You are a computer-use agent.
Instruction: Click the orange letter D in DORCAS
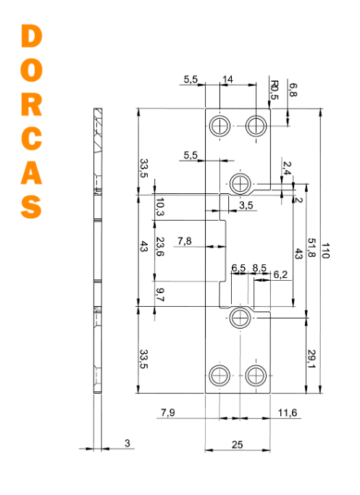[x=32, y=36]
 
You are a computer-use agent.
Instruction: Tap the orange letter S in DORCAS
[x=31, y=206]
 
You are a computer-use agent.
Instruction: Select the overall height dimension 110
[x=325, y=250]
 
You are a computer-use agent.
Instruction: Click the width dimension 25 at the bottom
[x=237, y=444]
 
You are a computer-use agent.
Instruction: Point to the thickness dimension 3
[x=127, y=443]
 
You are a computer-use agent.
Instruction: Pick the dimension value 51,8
[x=311, y=247]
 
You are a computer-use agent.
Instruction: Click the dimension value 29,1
[x=311, y=359]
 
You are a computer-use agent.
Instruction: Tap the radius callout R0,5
[x=275, y=90]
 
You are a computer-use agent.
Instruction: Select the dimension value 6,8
[x=293, y=90]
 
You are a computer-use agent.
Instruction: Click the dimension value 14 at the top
[x=227, y=79]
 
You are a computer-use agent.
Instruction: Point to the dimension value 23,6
[x=160, y=247]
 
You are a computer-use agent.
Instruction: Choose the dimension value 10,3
[x=160, y=207]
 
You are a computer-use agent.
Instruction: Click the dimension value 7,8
[x=184, y=241]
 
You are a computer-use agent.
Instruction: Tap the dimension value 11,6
[x=288, y=412]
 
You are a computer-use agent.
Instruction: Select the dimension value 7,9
[x=168, y=412]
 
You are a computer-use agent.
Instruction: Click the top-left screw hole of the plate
[x=219, y=126]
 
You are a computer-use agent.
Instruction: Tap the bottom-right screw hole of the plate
[x=256, y=376]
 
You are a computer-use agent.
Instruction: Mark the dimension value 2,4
[x=287, y=168]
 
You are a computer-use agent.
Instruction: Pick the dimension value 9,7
[x=160, y=295]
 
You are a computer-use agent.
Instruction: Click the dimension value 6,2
[x=280, y=275]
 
